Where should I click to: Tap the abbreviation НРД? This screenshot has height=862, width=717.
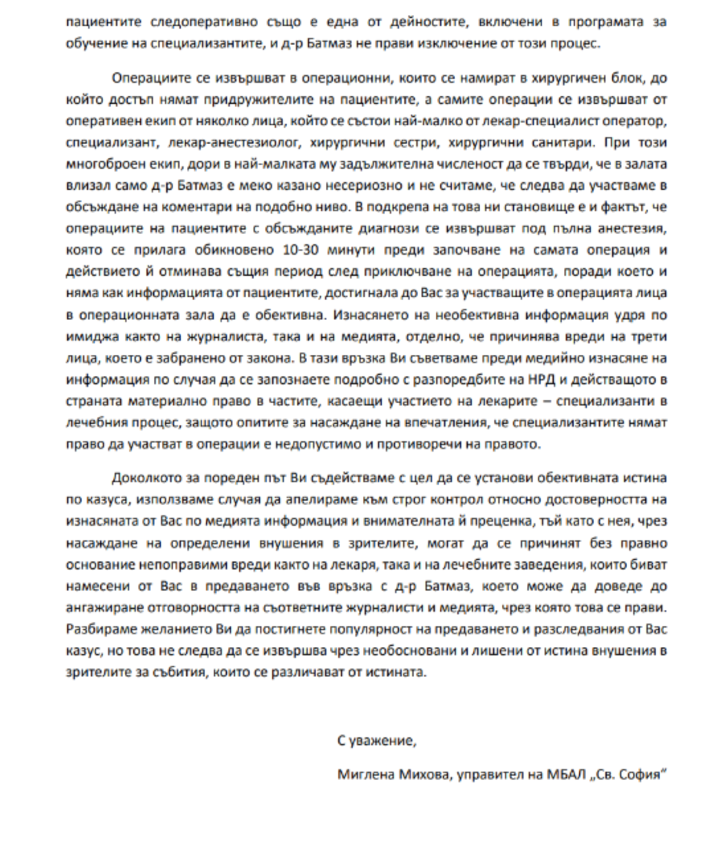click(x=541, y=380)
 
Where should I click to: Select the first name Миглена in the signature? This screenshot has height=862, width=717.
click(x=366, y=775)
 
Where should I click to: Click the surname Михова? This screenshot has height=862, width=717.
click(x=425, y=775)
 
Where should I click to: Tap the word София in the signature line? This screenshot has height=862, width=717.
click(x=643, y=775)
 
